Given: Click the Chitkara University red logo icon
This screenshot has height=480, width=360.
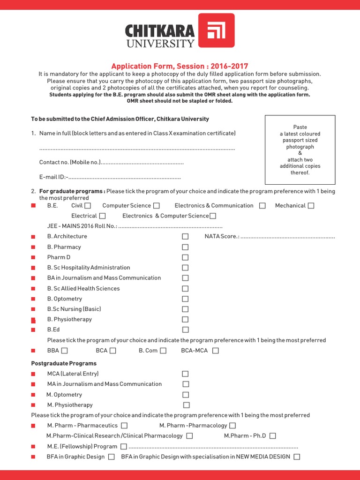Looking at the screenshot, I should pos(217,30).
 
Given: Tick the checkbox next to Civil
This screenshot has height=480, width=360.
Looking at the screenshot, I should pos(88,205).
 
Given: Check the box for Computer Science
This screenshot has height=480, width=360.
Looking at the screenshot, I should pos(157,205).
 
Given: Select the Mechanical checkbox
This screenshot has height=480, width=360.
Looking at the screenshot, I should pos(311,205).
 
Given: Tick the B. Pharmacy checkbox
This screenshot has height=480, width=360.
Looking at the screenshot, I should pos(185,247).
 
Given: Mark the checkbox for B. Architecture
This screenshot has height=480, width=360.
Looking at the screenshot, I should pos(185,237).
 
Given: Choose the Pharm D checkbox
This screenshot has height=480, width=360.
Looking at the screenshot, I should pos(185,257).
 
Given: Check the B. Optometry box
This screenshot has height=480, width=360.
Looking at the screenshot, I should pos(185,299).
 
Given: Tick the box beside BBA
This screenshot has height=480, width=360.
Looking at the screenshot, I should pos(64,351).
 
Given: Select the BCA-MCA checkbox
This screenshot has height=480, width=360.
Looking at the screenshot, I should pos(215,351).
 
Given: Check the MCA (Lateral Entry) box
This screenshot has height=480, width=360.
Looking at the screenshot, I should pos(185,374).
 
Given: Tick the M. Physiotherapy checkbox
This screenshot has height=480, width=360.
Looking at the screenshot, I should pos(186,405).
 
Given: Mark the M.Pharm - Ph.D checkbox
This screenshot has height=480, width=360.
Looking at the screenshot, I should pos(273,436).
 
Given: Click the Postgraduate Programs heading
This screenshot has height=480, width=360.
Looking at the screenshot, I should pos(64,363).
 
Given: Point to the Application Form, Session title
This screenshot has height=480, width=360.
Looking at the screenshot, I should pos(180,66).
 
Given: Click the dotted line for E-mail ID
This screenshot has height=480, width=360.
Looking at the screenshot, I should pos(125,178).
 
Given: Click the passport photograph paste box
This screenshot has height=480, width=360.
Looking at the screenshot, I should pos(300,150).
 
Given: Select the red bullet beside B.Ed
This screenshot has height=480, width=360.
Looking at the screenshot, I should pos(33,330).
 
